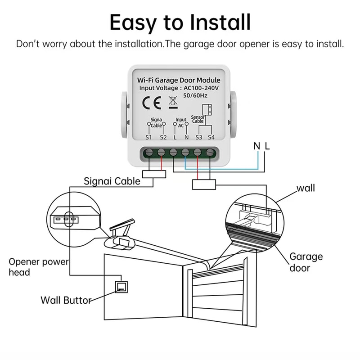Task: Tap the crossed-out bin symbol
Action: (x=172, y=102)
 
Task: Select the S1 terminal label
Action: (x=149, y=137)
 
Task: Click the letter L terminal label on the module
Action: (x=175, y=137)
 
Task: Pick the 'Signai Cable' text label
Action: (x=112, y=181)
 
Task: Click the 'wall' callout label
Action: (x=306, y=188)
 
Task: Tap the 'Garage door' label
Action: (x=306, y=262)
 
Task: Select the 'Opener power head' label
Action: (x=39, y=267)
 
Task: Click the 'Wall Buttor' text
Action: (x=66, y=300)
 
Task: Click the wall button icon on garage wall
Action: (x=121, y=286)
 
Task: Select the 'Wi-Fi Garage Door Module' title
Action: (x=179, y=80)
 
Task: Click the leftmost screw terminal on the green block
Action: (x=149, y=153)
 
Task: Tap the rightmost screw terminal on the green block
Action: (x=211, y=153)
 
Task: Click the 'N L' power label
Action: (x=261, y=146)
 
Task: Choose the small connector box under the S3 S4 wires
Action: (x=204, y=184)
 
